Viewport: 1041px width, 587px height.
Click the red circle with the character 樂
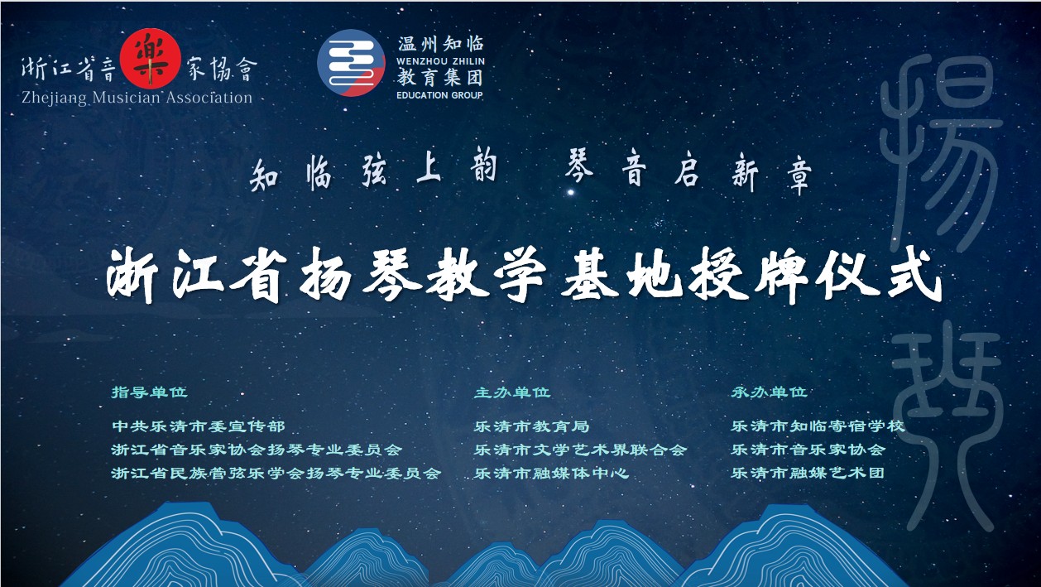[150, 59]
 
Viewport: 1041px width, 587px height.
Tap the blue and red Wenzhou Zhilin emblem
[352, 63]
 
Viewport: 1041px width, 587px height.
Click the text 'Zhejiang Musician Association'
[137, 98]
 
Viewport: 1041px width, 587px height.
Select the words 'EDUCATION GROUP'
[439, 95]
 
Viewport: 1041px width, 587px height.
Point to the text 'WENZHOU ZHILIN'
[440, 61]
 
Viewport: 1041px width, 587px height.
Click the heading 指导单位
[149, 392]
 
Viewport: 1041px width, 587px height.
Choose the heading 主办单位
[512, 392]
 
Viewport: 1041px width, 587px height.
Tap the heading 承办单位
[769, 392]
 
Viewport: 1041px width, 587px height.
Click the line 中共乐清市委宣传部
[199, 426]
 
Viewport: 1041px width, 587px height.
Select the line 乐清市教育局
[531, 426]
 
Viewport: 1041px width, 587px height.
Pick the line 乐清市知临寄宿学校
[818, 426]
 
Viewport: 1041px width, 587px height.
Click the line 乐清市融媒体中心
[552, 473]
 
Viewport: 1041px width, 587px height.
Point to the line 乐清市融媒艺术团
[808, 473]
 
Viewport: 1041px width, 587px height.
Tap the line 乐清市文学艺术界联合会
[580, 450]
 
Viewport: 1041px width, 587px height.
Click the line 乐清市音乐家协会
[808, 450]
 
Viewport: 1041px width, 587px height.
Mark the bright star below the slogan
[571, 191]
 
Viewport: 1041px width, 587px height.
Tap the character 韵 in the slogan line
[483, 167]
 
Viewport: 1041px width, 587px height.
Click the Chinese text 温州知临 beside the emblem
[440, 44]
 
